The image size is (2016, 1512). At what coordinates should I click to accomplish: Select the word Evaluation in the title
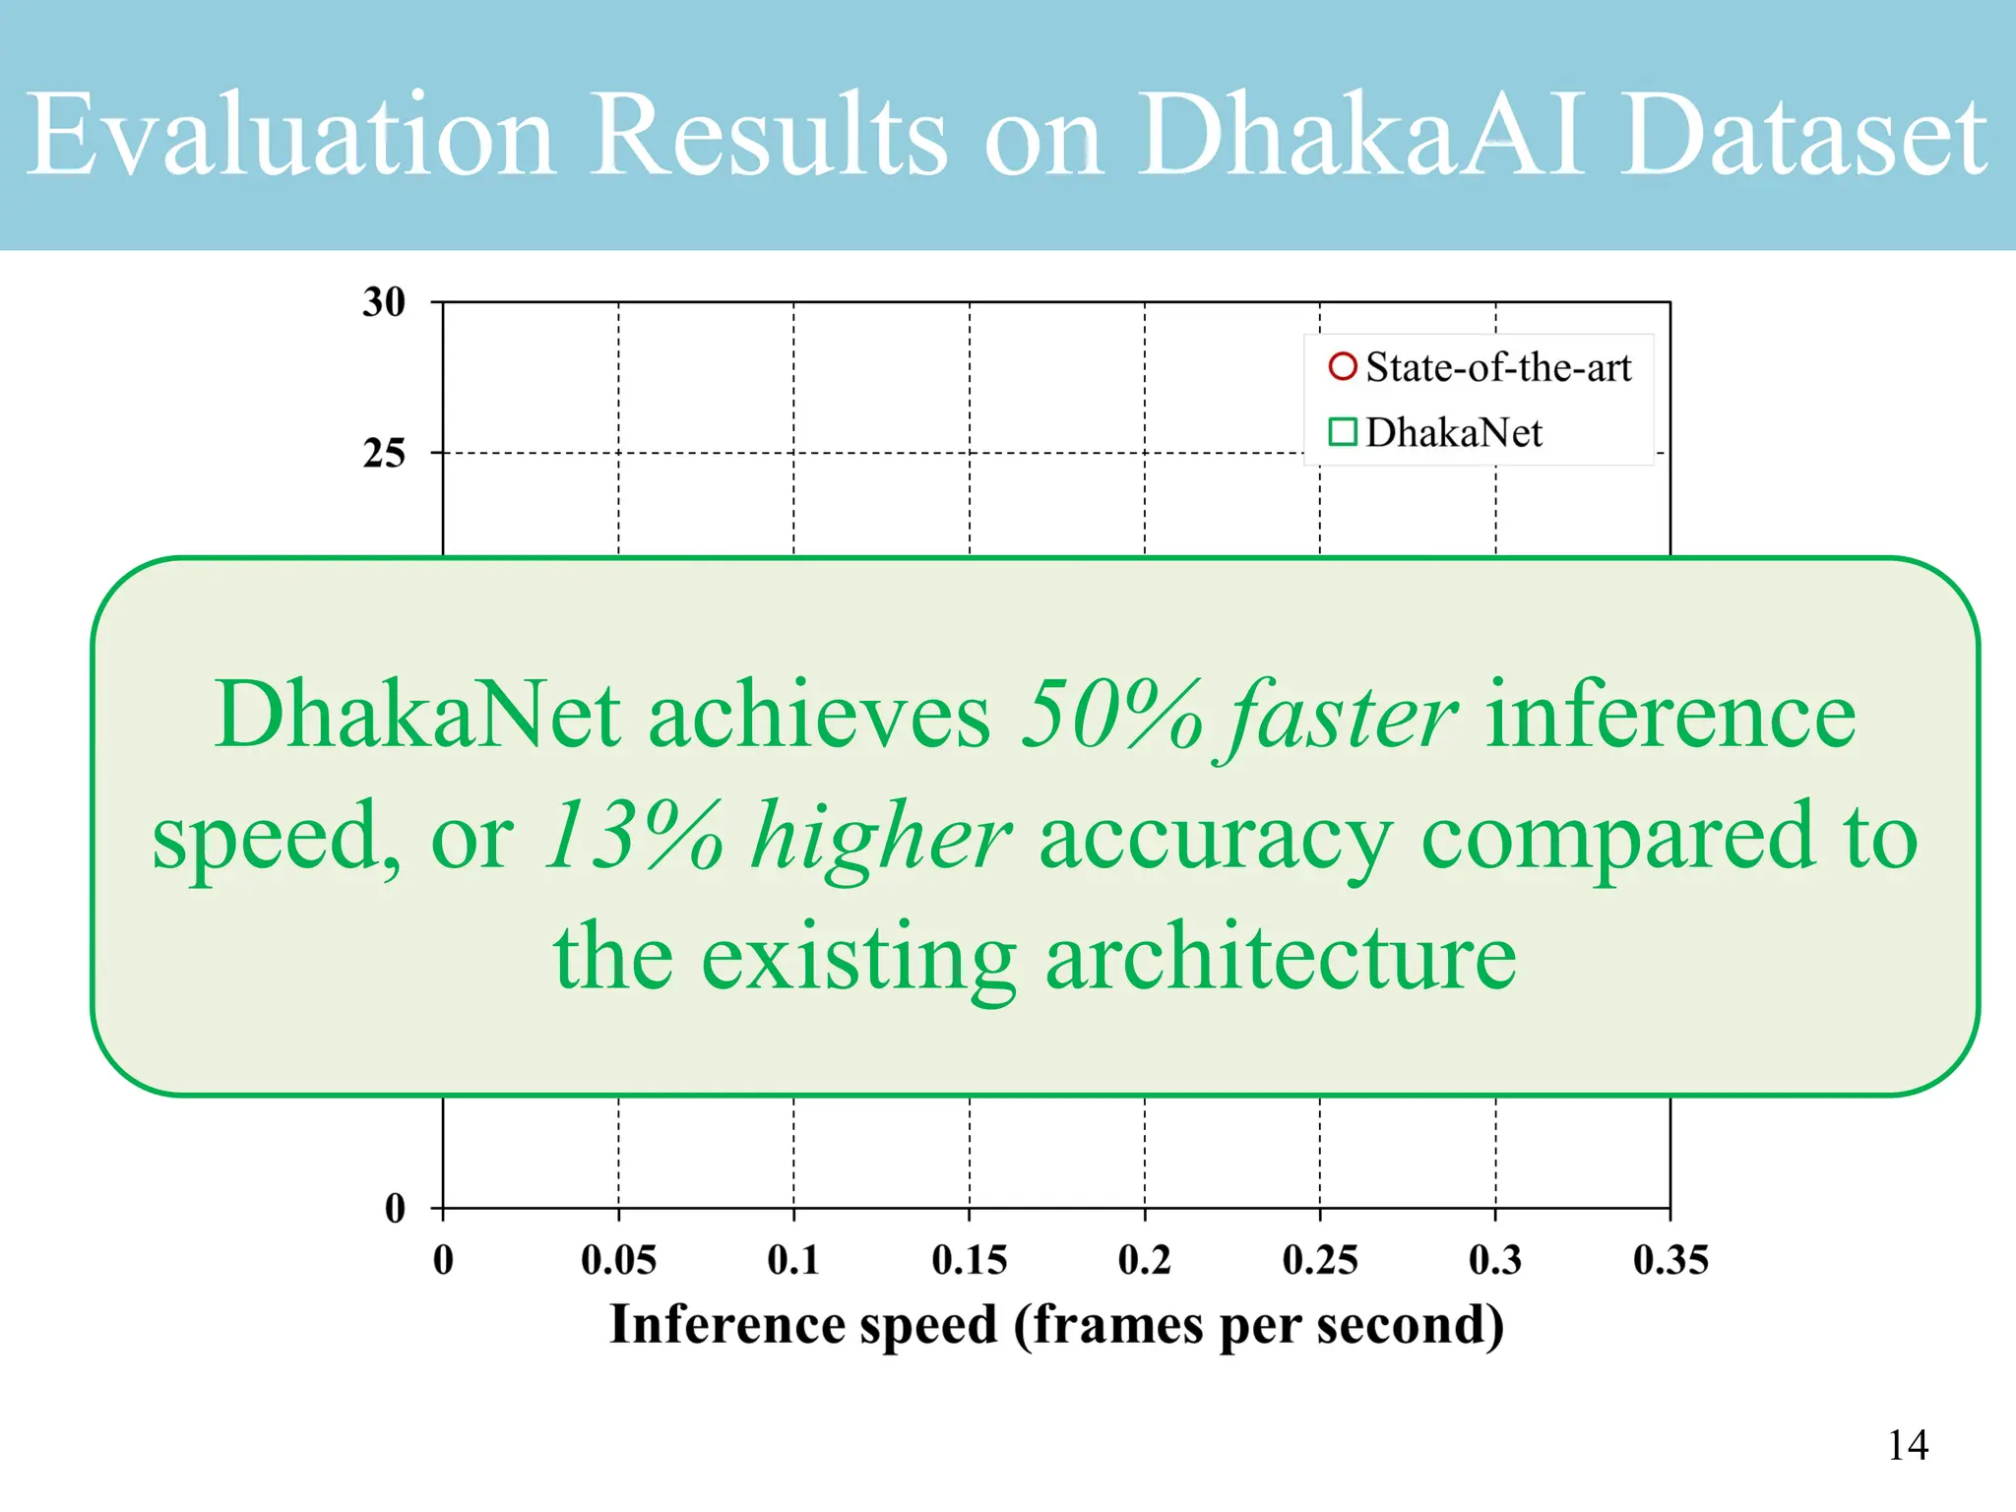(x=289, y=135)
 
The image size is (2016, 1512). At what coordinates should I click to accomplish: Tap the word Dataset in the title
(x=1801, y=135)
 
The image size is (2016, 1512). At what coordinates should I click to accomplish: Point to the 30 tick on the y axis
(x=384, y=302)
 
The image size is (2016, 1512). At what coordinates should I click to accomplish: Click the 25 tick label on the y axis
(x=384, y=454)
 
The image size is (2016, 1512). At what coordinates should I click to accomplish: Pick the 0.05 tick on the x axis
(x=618, y=1260)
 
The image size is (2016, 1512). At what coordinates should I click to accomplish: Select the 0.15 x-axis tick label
(x=970, y=1260)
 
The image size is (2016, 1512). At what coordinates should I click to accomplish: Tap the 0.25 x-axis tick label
(x=1320, y=1260)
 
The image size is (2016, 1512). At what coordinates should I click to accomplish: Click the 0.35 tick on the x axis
(x=1670, y=1260)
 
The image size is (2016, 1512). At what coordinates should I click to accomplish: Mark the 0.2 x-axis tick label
(x=1145, y=1260)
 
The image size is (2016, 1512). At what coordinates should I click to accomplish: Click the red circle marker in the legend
(x=1343, y=367)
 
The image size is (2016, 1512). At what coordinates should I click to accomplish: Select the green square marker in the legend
(x=1343, y=432)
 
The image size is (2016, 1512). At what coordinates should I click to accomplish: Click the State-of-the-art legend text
(x=1498, y=367)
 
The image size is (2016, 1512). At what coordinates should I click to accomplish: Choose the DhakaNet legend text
(x=1454, y=433)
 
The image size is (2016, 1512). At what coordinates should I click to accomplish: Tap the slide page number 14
(x=1908, y=1445)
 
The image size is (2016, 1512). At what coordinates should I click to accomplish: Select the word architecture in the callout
(x=1280, y=958)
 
